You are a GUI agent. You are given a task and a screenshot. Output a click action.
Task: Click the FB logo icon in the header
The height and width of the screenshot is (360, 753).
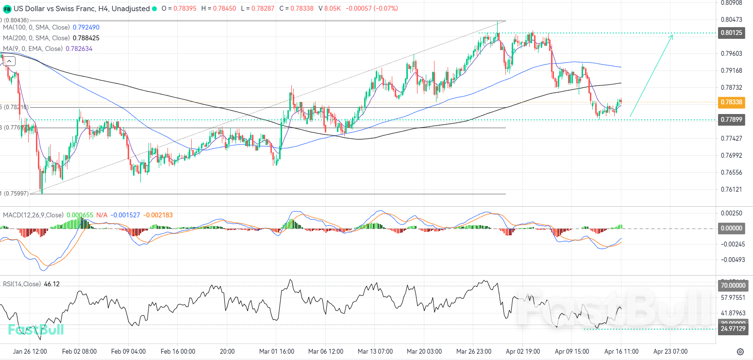click(7, 9)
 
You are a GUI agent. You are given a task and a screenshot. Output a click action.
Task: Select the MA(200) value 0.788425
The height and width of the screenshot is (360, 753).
click(86, 38)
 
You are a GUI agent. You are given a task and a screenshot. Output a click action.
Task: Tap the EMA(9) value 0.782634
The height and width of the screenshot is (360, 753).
click(79, 49)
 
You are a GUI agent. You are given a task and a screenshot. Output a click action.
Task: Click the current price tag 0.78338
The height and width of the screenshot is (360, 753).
click(732, 102)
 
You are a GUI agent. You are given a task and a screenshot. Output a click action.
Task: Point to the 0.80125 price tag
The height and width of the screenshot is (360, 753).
click(732, 33)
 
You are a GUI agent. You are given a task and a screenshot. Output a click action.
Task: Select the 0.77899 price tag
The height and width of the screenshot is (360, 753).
click(732, 119)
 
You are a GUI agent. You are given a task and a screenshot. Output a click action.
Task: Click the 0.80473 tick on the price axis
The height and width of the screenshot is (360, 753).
click(732, 19)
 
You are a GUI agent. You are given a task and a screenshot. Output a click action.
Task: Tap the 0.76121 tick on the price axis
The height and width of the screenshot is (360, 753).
click(732, 189)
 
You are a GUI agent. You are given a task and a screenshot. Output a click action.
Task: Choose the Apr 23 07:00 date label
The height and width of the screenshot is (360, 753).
click(670, 351)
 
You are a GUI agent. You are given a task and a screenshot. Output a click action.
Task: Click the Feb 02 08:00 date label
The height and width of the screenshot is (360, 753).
click(81, 351)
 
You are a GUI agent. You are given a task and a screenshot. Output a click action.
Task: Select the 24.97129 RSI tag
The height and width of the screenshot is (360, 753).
click(732, 329)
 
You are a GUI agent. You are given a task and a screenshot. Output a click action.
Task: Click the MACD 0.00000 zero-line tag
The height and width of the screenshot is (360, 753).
click(732, 228)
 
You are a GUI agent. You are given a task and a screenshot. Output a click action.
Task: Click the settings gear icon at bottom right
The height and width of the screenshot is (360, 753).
click(740, 351)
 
